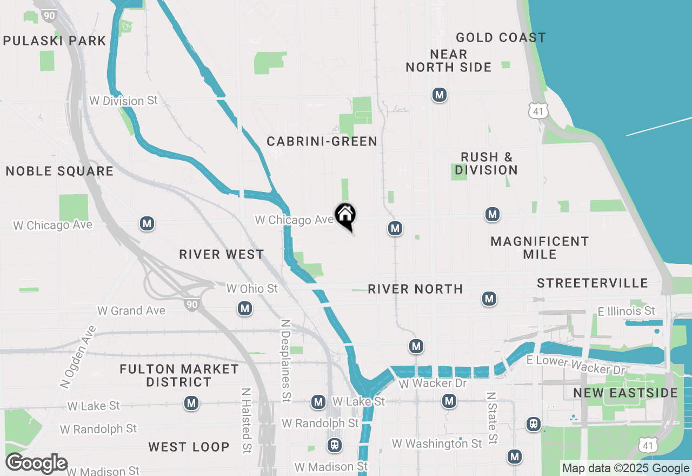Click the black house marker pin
(345, 215)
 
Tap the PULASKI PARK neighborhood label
(55, 41)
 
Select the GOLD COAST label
(501, 37)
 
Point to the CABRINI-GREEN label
(322, 142)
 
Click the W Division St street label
(123, 101)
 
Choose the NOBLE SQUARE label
(59, 171)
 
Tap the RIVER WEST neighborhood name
(222, 254)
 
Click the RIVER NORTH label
(415, 289)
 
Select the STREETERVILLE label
(593, 283)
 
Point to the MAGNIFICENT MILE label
(540, 248)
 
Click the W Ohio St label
(252, 289)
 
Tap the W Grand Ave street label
(131, 310)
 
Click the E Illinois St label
(627, 311)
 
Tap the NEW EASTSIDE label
(626, 393)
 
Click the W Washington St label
(437, 444)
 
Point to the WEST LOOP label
(189, 447)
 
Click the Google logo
(37, 464)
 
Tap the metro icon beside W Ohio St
(245, 308)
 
